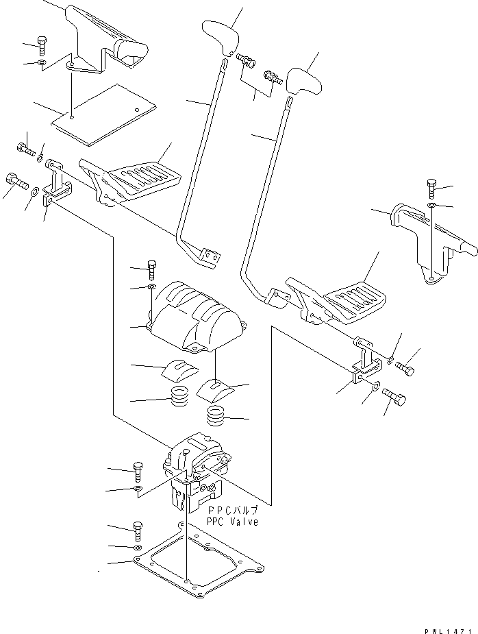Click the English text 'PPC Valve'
[x=232, y=522]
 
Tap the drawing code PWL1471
[x=448, y=631]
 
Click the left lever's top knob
[x=221, y=38]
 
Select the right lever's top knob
[x=304, y=81]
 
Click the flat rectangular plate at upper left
[x=103, y=115]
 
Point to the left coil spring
[x=179, y=397]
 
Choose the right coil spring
[x=216, y=415]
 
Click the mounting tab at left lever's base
[x=211, y=259]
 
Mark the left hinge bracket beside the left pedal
[x=56, y=182]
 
